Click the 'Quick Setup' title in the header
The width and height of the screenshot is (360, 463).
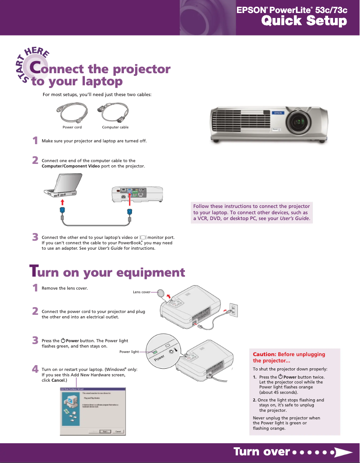304,21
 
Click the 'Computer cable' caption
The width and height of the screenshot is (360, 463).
115,128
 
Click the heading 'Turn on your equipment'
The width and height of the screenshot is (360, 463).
107,272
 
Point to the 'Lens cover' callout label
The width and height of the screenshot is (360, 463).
141,292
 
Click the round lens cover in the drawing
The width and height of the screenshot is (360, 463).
161,293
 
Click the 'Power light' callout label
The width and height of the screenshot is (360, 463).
129,352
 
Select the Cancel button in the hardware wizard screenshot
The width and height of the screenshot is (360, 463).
119,431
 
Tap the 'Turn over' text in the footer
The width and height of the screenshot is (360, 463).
261,452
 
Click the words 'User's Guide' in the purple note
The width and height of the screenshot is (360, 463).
294,219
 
